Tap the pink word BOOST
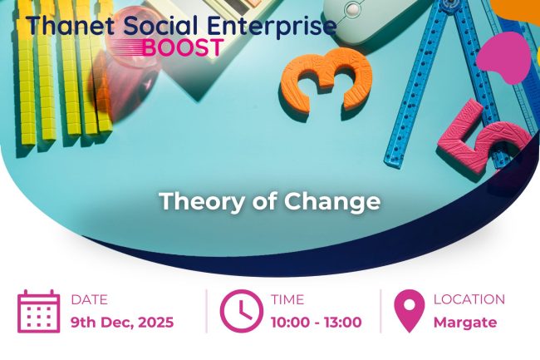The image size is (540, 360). tap(182, 47)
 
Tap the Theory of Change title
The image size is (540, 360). tap(269, 201)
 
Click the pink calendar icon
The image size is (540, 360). tap(39, 311)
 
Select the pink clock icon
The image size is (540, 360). tap(241, 311)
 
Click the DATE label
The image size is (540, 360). tap(89, 299)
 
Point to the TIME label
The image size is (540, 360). tap(287, 299)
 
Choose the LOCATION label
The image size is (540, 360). tap(469, 299)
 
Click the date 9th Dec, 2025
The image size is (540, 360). tap(122, 323)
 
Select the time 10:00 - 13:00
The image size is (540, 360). tap(316, 323)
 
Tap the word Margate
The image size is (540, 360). tap(464, 323)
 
